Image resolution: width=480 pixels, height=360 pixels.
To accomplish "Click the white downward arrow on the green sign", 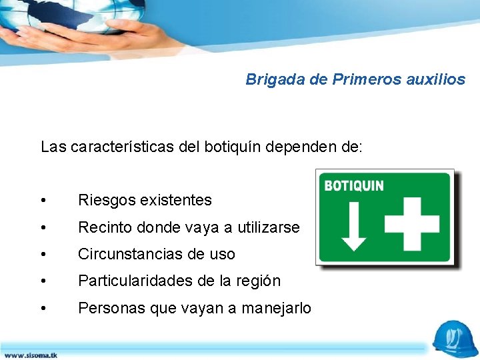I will (353, 223).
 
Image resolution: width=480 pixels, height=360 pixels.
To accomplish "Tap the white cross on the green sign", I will (412, 223).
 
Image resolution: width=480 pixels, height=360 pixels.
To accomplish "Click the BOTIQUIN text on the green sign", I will (354, 185).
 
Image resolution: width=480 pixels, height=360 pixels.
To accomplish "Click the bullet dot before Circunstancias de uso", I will (43, 255).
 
